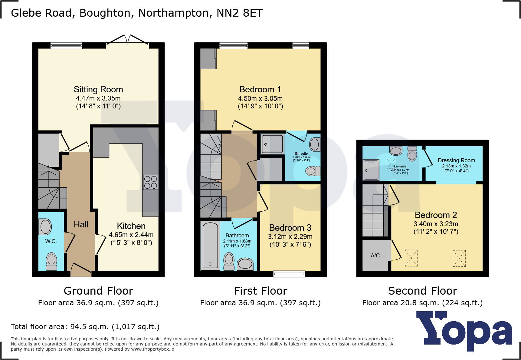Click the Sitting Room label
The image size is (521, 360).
click(x=98, y=89)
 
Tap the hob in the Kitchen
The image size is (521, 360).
click(x=150, y=182)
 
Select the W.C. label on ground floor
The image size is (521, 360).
click(x=51, y=241)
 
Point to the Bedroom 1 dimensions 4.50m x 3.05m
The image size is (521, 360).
click(x=260, y=98)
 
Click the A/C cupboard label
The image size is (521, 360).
click(x=375, y=256)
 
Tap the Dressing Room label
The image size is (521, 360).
click(x=456, y=160)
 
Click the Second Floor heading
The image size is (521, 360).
click(x=422, y=291)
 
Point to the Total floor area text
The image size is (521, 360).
click(x=85, y=327)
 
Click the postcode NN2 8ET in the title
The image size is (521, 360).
click(x=240, y=13)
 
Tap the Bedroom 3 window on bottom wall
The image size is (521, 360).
click(x=289, y=274)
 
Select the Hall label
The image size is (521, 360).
click(x=81, y=224)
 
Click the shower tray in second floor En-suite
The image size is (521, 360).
click(x=371, y=170)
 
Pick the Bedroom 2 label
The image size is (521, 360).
click(x=436, y=215)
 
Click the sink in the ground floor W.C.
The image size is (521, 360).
click(x=46, y=227)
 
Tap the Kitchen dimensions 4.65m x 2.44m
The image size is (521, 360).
click(x=131, y=235)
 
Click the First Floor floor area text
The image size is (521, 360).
click(x=260, y=303)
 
